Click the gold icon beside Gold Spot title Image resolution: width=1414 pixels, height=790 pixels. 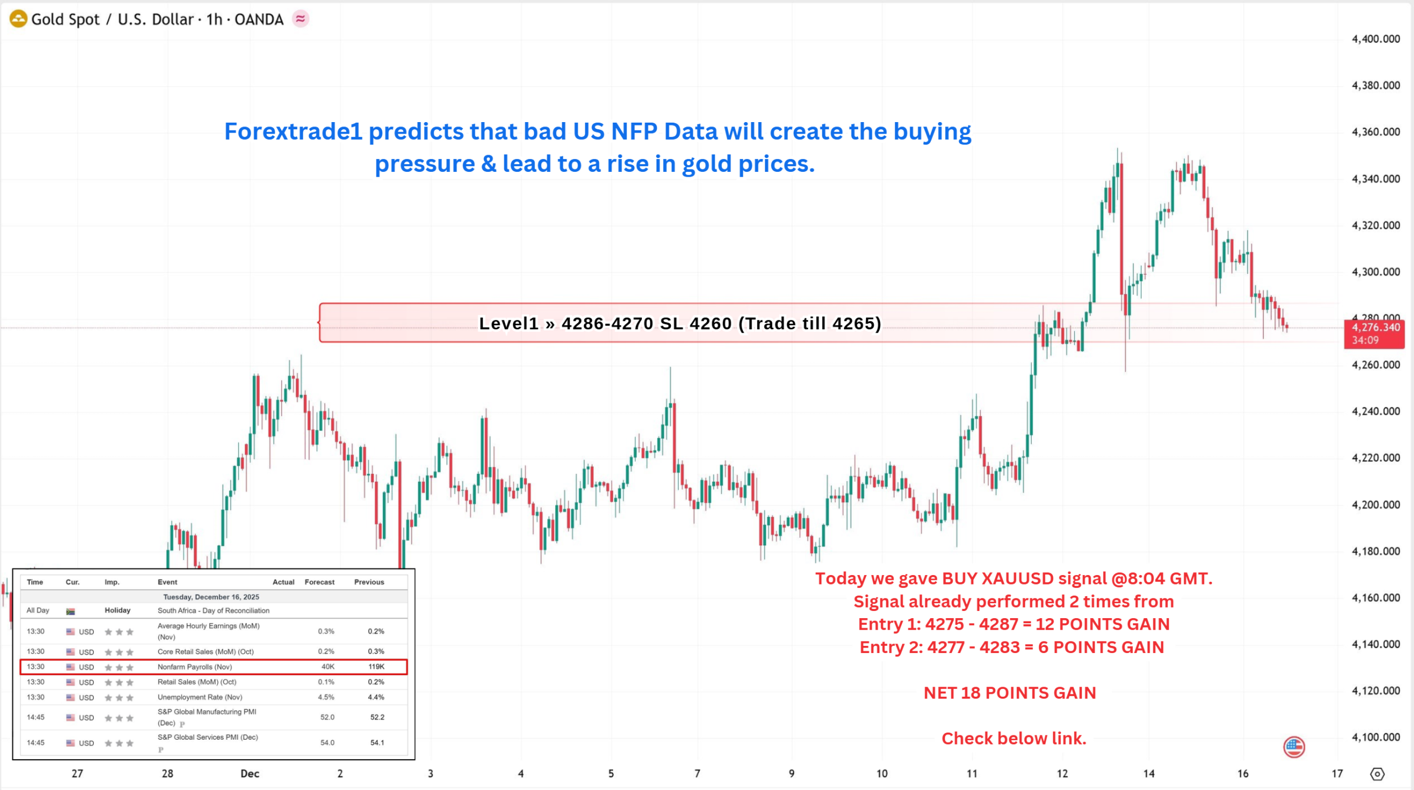pyautogui.click(x=18, y=19)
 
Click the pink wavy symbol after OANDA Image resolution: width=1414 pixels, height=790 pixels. pyautogui.click(x=300, y=19)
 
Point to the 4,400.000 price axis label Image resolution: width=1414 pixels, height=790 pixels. pyautogui.click(x=1375, y=39)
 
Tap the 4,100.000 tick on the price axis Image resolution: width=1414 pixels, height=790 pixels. pyautogui.click(x=1375, y=737)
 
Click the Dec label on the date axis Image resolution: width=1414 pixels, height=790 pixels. pyautogui.click(x=250, y=773)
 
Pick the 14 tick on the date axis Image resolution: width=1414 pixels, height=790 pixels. pyautogui.click(x=1149, y=773)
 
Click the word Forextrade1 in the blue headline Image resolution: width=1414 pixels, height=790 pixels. pyautogui.click(x=293, y=131)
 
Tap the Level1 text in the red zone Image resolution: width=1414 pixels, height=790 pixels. pyautogui.click(x=508, y=323)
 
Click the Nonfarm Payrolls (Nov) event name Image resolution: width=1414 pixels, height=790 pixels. pyautogui.click(x=194, y=667)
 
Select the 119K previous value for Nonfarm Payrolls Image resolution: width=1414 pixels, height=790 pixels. pyautogui.click(x=376, y=667)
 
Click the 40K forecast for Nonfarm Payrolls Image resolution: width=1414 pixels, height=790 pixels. pyautogui.click(x=328, y=667)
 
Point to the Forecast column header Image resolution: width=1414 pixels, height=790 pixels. pyautogui.click(x=319, y=582)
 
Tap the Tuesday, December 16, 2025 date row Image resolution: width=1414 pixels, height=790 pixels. pyautogui.click(x=211, y=597)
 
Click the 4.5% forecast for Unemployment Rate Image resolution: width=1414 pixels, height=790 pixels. pyautogui.click(x=326, y=697)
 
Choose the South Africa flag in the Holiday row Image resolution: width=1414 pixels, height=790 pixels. pyautogui.click(x=70, y=611)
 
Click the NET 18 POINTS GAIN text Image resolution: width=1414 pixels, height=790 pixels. pyautogui.click(x=1010, y=693)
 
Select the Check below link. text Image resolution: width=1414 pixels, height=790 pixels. pyautogui.click(x=1014, y=738)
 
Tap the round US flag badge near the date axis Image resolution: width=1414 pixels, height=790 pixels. pyautogui.click(x=1294, y=747)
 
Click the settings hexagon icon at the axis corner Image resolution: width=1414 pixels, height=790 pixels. pyautogui.click(x=1377, y=774)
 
